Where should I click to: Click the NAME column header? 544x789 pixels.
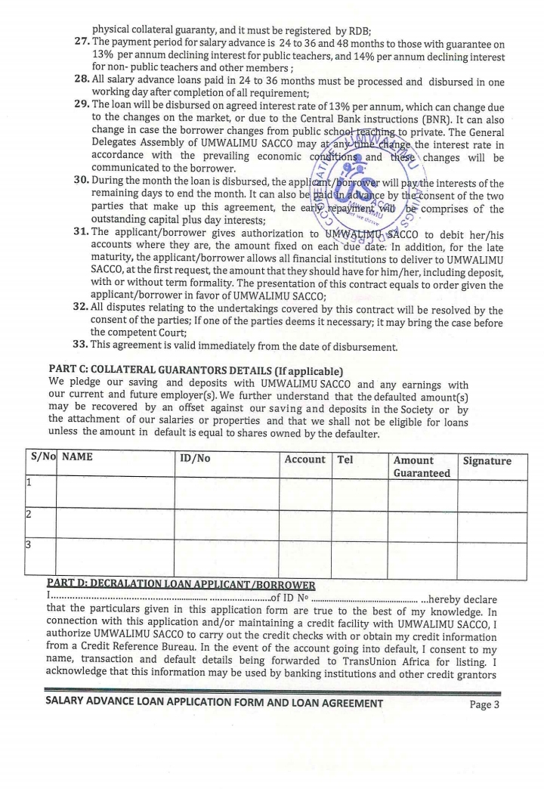point(78,459)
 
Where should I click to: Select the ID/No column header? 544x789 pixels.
point(195,459)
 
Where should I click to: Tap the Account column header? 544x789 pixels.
point(304,459)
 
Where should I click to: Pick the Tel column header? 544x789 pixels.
point(346,459)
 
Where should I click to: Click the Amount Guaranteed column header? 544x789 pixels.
point(421,466)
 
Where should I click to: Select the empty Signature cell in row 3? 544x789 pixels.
point(491,560)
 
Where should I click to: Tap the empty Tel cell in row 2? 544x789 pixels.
point(359,527)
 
